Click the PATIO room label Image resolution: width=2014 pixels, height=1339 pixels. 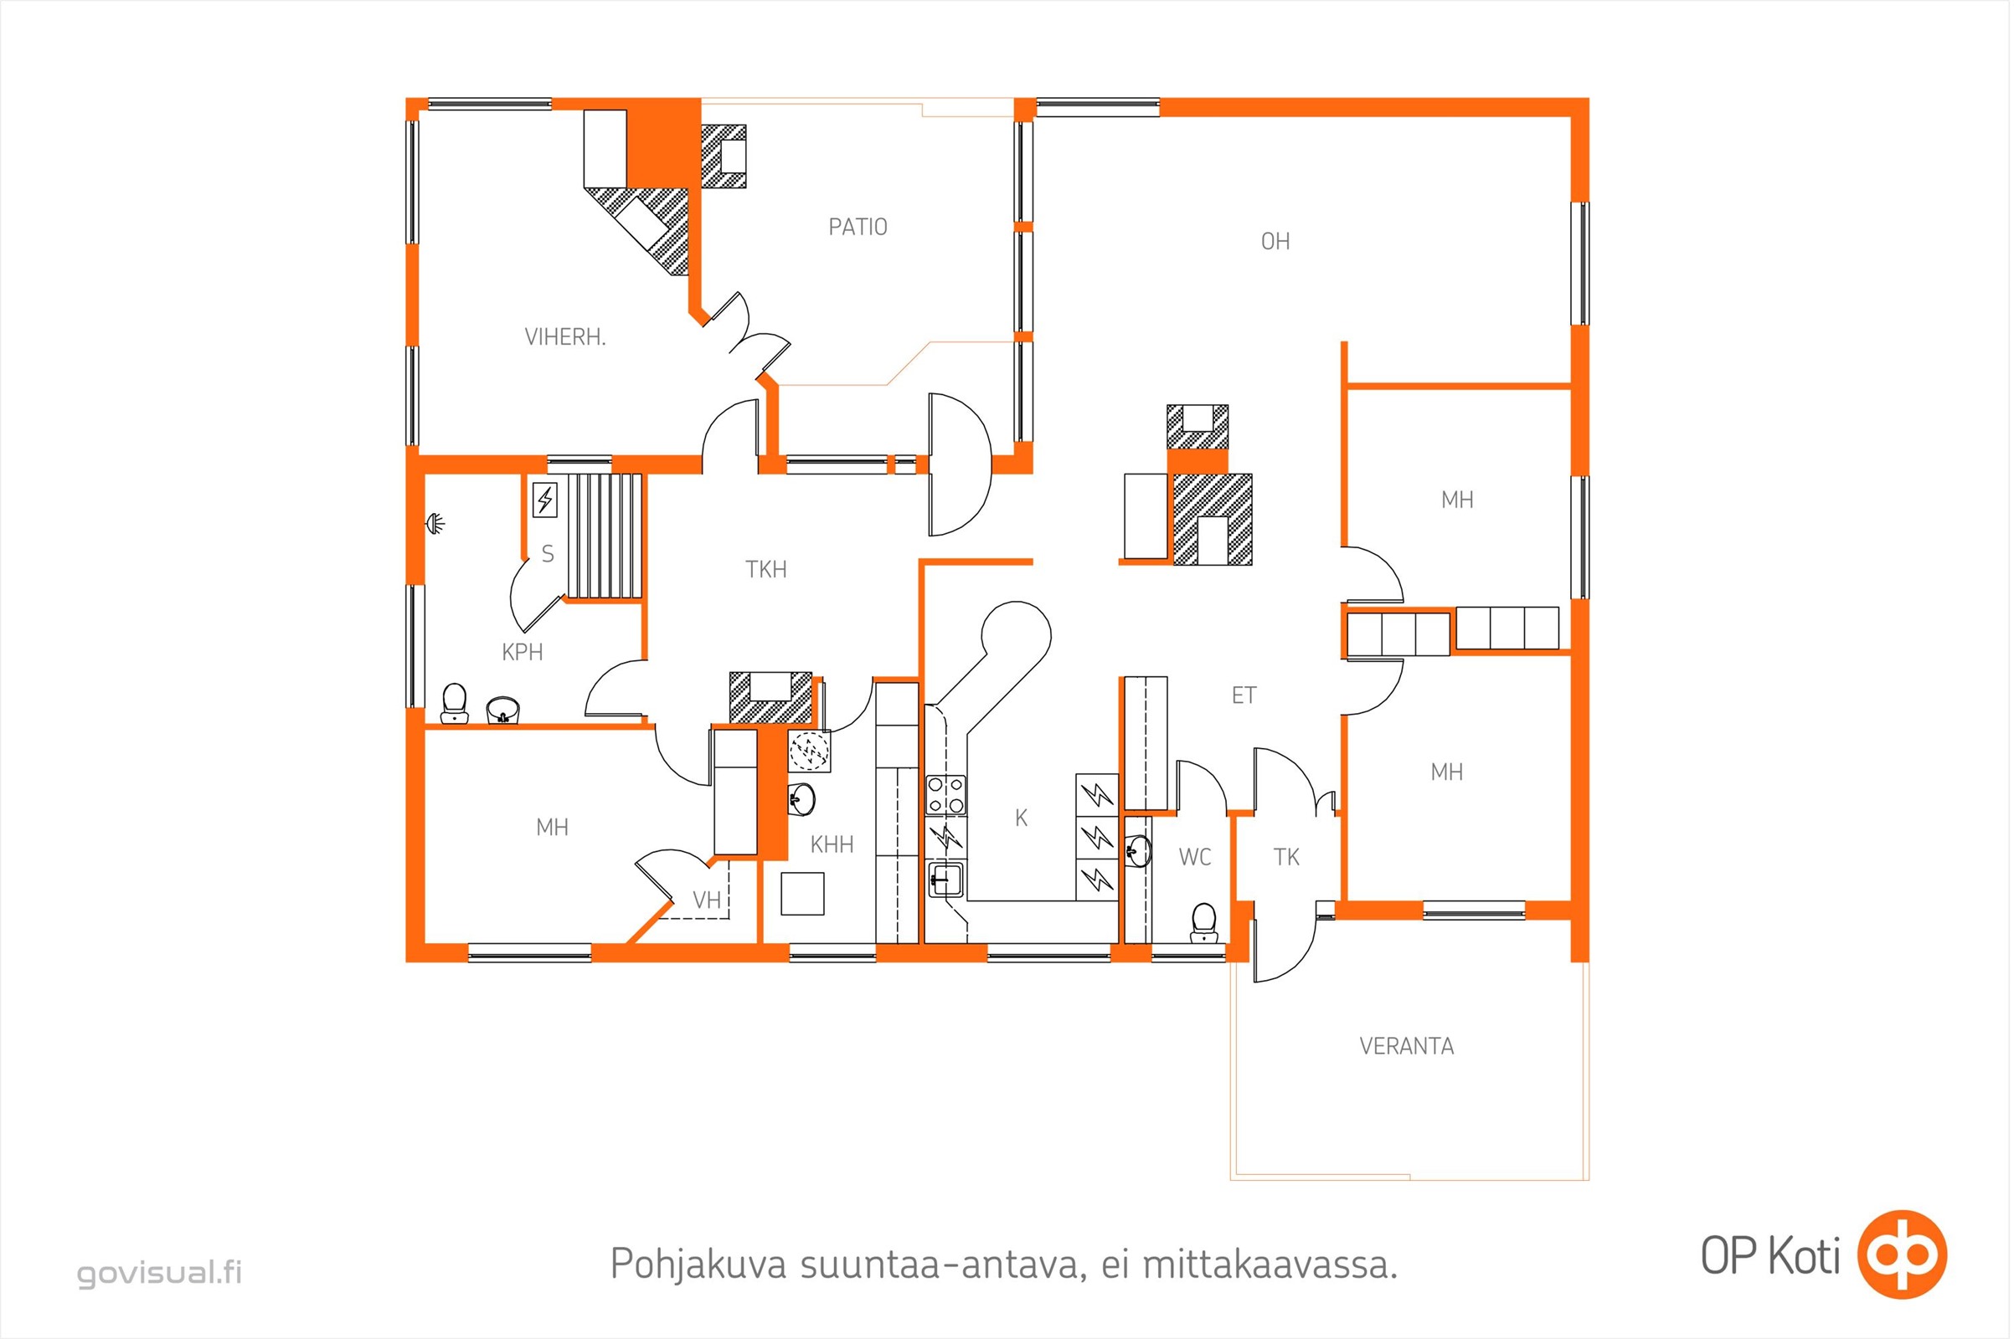click(x=858, y=227)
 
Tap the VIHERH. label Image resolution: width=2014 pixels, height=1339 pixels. click(x=564, y=337)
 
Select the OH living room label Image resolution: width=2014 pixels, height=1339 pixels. click(x=1275, y=242)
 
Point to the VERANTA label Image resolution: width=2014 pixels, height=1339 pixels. click(x=1407, y=1046)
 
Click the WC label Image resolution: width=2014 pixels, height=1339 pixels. click(x=1194, y=857)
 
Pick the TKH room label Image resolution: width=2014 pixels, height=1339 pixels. click(x=765, y=570)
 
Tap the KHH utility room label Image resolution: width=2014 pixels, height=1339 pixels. click(x=832, y=845)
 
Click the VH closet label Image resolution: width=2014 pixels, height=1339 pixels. click(x=707, y=900)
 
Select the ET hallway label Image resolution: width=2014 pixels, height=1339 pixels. click(x=1244, y=696)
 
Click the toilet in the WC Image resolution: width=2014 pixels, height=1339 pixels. click(x=1204, y=924)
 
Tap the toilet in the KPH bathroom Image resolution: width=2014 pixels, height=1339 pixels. click(x=455, y=704)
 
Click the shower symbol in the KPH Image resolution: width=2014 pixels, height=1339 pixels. click(x=435, y=521)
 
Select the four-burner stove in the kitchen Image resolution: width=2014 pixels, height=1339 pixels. click(x=946, y=795)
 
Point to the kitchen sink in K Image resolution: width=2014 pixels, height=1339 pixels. click(x=946, y=880)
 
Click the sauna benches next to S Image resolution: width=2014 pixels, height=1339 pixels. click(x=605, y=536)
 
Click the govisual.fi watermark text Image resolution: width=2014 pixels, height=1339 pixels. click(x=160, y=1272)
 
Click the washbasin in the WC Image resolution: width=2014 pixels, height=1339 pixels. click(x=1139, y=850)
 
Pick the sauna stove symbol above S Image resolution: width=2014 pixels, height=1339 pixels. click(x=545, y=500)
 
